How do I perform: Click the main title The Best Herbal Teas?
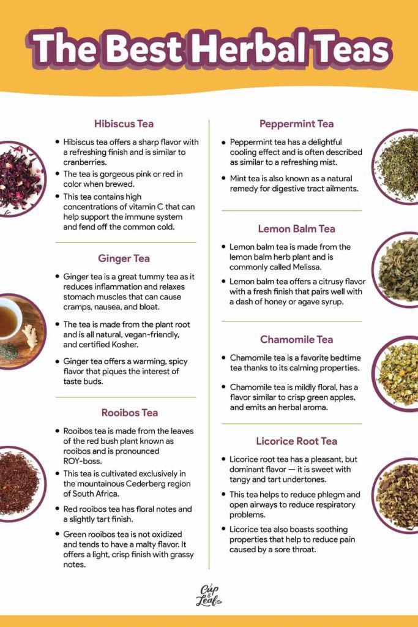tap(209, 49)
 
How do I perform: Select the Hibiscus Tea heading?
tap(124, 124)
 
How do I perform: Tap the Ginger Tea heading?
tap(124, 258)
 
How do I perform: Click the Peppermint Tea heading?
tap(296, 124)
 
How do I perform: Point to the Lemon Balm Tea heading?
tap(296, 229)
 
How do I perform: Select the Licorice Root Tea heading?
tap(297, 441)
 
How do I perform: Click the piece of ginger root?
tap(29, 336)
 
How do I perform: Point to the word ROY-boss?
tap(83, 460)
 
